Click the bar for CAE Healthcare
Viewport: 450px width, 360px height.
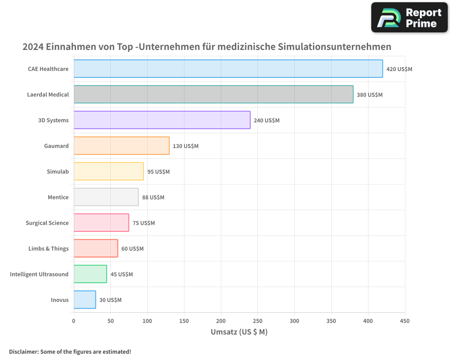point(228,69)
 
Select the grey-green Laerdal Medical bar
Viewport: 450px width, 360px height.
point(213,94)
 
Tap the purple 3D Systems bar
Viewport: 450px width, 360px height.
point(162,120)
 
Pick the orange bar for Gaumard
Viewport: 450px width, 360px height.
point(121,146)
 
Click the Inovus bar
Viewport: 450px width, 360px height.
point(85,300)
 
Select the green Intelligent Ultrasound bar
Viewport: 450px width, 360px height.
point(90,274)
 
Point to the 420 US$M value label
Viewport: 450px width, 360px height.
point(399,69)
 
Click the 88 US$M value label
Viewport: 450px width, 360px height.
point(153,198)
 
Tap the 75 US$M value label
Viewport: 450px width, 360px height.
point(144,223)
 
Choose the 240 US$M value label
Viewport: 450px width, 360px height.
point(266,121)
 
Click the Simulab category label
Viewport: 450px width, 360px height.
point(58,171)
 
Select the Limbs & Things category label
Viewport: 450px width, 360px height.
point(48,248)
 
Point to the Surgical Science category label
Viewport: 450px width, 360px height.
point(47,223)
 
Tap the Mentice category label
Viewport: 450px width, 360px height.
point(58,197)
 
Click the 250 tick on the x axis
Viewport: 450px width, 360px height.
point(258,321)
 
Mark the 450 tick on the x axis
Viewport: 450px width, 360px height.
point(405,321)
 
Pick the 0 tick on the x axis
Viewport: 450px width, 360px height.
point(74,321)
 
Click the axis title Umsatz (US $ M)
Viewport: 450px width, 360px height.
point(239,332)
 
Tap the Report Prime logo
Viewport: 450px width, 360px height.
point(409,18)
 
